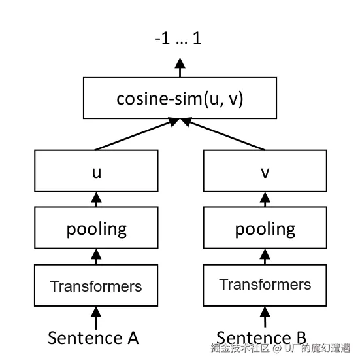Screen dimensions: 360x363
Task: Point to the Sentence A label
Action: point(93,338)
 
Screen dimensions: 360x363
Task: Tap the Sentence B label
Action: point(261,337)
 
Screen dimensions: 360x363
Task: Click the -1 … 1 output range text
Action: point(178,38)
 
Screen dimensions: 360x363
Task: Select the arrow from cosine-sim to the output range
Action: point(180,67)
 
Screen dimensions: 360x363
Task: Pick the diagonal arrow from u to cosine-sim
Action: point(137,134)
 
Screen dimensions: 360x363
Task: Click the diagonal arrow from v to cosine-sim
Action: point(222,134)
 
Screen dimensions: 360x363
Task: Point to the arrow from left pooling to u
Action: point(96,199)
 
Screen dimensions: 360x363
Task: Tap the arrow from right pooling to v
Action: point(265,199)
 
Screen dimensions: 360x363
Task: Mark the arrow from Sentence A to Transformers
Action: point(96,318)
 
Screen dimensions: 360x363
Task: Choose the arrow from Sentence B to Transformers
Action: point(265,317)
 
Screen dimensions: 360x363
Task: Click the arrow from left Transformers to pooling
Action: point(96,256)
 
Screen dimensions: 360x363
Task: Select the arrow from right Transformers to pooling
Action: point(265,256)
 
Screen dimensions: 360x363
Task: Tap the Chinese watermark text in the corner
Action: point(280,348)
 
